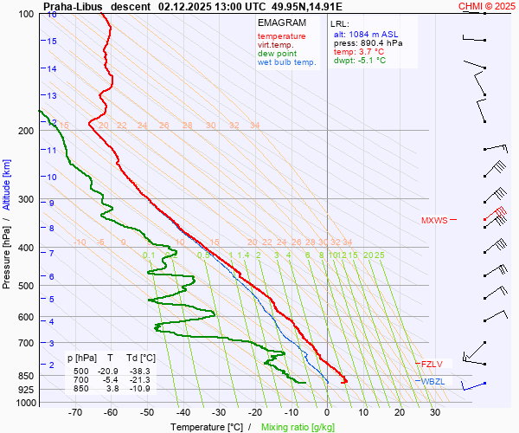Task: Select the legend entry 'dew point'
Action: [277, 54]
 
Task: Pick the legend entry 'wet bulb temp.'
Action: [287, 62]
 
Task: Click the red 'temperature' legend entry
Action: [281, 36]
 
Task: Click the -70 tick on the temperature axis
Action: [75, 413]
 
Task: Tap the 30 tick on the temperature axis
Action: [435, 413]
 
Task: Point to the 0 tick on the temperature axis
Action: [328, 413]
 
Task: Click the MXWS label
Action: [434, 221]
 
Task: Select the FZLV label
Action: [432, 365]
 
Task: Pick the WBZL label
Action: [432, 382]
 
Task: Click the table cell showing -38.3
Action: [144, 372]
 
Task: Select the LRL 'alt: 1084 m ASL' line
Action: [367, 33]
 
